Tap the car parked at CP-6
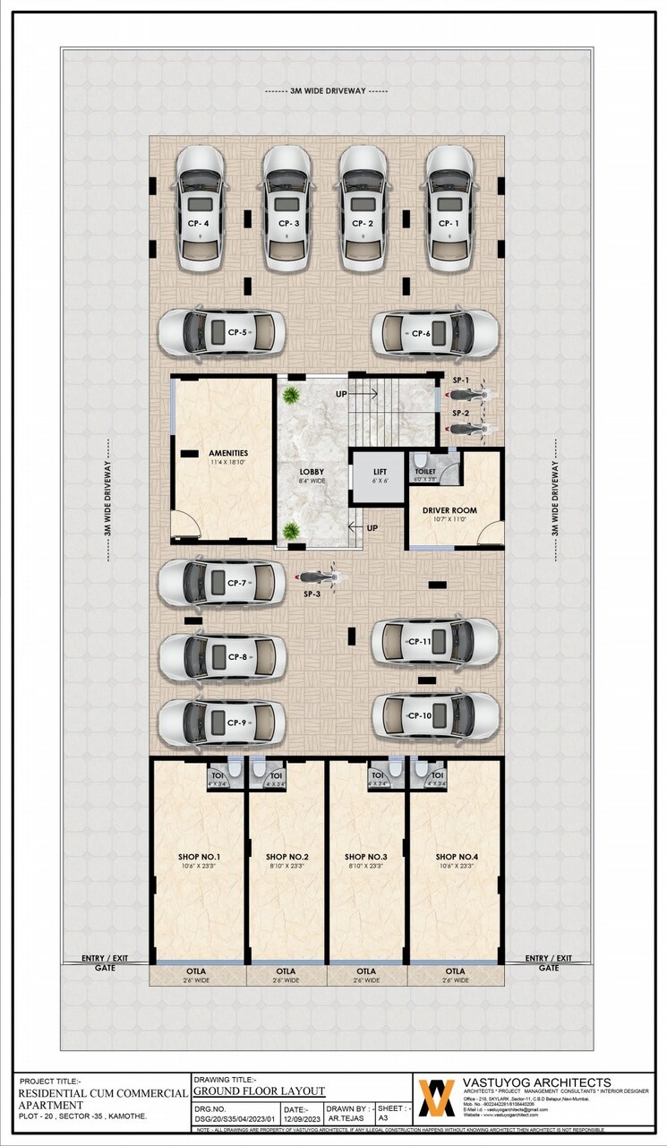click(x=435, y=333)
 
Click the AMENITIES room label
click(x=228, y=454)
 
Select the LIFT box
click(x=381, y=476)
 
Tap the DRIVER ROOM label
click(x=449, y=510)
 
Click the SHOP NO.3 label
click(x=365, y=857)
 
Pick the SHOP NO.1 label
click(x=200, y=857)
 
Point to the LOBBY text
click(x=312, y=472)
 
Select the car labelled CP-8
click(x=223, y=657)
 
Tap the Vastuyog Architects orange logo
click(x=437, y=1098)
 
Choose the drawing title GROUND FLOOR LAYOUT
click(x=259, y=1091)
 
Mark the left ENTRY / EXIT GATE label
click(x=106, y=962)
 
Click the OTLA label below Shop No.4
click(x=456, y=971)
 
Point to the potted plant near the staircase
click(x=290, y=395)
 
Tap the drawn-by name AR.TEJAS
click(x=346, y=1118)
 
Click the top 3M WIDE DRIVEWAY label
click(x=327, y=91)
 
